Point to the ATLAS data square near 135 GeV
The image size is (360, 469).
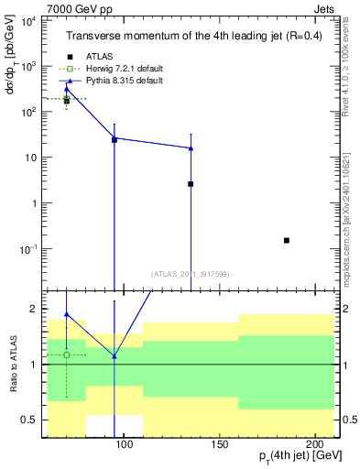point(191,184)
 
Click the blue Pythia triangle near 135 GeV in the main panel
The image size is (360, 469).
point(191,147)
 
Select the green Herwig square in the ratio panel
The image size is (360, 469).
point(66,354)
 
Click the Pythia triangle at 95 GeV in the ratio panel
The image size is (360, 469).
point(114,356)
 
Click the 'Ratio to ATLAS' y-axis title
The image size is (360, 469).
point(13,365)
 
